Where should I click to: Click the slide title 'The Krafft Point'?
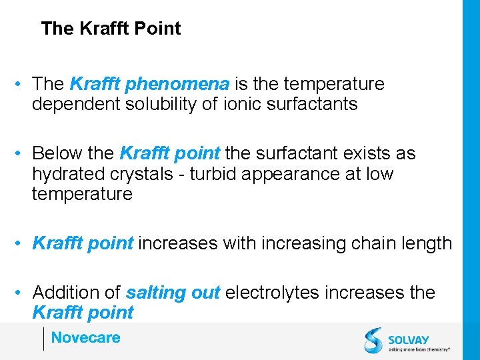click(111, 29)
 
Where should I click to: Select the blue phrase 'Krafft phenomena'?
click(149, 84)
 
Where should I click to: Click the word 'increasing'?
click(284, 243)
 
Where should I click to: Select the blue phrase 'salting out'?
click(173, 293)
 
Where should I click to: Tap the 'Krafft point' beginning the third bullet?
click(83, 243)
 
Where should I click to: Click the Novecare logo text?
click(85, 337)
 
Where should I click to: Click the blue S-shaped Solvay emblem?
click(373, 340)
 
